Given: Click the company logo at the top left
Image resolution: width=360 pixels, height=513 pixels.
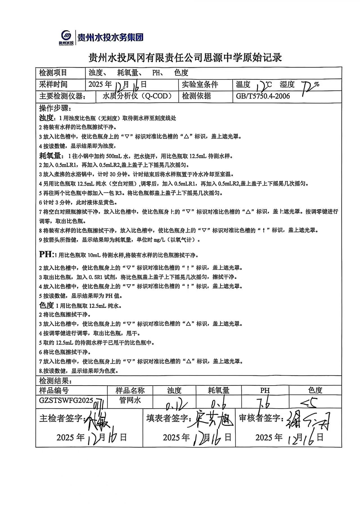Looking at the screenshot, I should click(67, 37).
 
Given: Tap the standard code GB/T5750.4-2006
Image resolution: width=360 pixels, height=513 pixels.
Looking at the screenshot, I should click(263, 96).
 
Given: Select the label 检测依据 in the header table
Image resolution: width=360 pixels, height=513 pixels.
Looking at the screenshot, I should click(196, 96).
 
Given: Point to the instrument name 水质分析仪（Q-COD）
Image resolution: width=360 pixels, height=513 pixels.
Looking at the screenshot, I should click(137, 96).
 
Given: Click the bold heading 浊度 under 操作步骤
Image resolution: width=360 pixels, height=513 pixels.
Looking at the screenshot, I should click(46, 118).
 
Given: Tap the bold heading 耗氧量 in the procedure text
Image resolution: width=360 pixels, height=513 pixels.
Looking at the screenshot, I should click(50, 156).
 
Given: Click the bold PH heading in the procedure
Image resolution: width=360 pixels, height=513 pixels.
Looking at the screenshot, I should click(46, 254).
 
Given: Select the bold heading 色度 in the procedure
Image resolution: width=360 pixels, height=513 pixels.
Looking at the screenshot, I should click(46, 305).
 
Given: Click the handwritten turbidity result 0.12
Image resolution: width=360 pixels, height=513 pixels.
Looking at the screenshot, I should click(174, 405).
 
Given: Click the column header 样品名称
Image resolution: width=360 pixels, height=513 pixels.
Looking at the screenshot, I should click(130, 390).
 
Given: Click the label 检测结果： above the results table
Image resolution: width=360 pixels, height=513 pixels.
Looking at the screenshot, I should click(55, 381).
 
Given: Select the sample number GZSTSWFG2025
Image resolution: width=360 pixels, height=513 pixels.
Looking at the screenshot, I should click(66, 400).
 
